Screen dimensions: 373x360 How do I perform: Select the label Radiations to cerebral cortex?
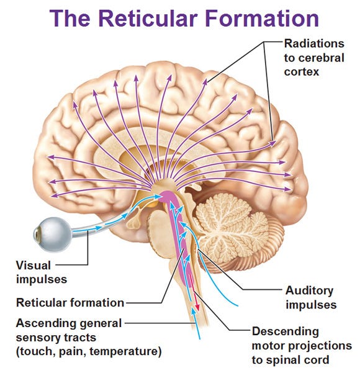coord(313,57)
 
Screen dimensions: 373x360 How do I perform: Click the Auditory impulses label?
coord(310,297)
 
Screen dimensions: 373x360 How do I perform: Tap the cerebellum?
coord(233,223)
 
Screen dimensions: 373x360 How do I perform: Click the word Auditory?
coord(310,290)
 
